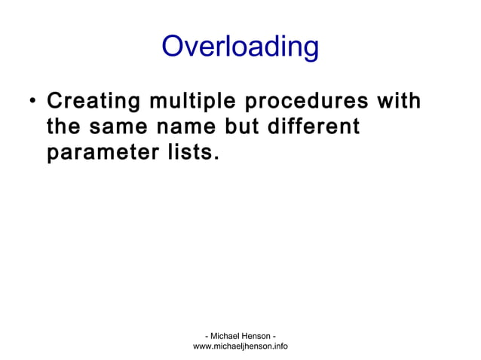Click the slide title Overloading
point(240,47)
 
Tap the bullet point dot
point(28,102)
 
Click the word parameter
point(100,154)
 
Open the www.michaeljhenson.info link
point(240,346)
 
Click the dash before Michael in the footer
point(207,335)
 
